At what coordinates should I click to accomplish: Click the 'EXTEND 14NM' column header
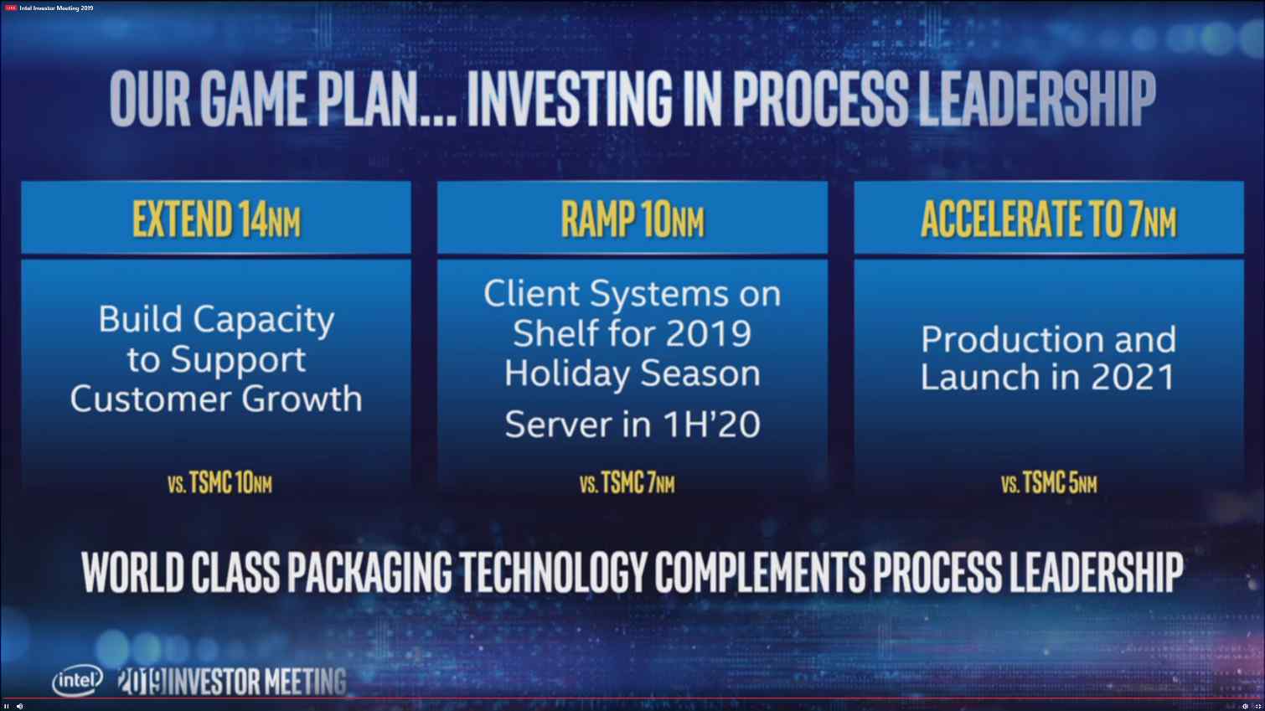coord(216,219)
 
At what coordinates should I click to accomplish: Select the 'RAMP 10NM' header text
coord(632,219)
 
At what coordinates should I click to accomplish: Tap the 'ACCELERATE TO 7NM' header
coord(1048,219)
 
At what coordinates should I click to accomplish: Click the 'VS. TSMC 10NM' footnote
coord(219,483)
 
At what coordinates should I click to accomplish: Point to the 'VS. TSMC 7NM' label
coord(627,483)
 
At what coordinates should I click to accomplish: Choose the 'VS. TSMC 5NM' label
coord(1049,483)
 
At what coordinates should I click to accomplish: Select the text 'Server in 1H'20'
coord(632,425)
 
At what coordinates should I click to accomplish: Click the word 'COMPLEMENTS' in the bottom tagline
coord(760,572)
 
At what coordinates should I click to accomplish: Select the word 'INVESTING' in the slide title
coord(570,98)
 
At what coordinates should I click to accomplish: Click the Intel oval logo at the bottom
coord(77,681)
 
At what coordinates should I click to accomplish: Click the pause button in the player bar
coord(7,706)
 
